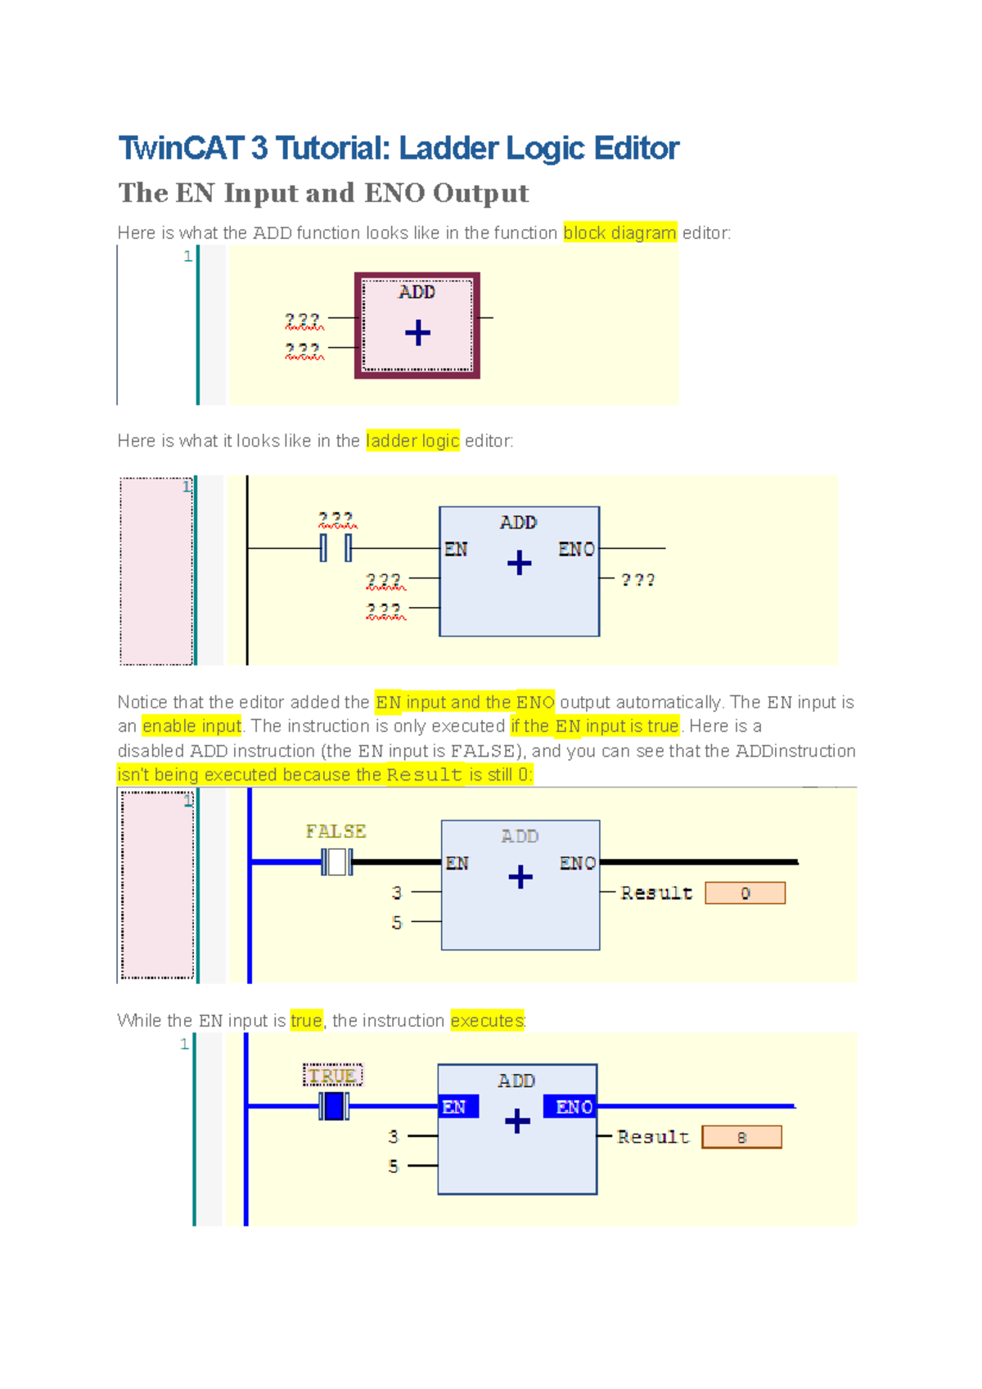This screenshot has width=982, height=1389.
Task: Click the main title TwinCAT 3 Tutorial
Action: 399,149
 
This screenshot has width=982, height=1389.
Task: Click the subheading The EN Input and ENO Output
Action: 323,193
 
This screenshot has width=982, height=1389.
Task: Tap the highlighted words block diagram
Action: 619,233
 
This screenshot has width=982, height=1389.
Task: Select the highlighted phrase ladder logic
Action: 412,441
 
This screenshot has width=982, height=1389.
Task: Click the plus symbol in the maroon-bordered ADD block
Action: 417,333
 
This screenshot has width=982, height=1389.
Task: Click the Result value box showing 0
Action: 745,893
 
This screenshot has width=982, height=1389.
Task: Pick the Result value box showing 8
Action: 741,1137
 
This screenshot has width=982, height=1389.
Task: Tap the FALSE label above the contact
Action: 336,831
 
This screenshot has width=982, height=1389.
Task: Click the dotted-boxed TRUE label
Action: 332,1076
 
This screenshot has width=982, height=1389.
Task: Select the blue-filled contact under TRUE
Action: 334,1106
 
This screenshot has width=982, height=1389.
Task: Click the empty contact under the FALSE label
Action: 336,861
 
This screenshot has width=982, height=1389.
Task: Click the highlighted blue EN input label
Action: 455,1107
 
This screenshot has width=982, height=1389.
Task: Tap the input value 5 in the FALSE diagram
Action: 397,923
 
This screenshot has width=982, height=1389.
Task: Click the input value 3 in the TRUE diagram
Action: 394,1136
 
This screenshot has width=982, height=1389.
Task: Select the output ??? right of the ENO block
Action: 637,580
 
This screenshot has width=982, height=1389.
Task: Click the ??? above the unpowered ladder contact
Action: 336,519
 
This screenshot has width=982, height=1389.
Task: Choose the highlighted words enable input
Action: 191,726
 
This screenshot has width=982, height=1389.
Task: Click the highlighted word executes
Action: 487,1021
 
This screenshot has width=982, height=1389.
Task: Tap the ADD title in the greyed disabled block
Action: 520,836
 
